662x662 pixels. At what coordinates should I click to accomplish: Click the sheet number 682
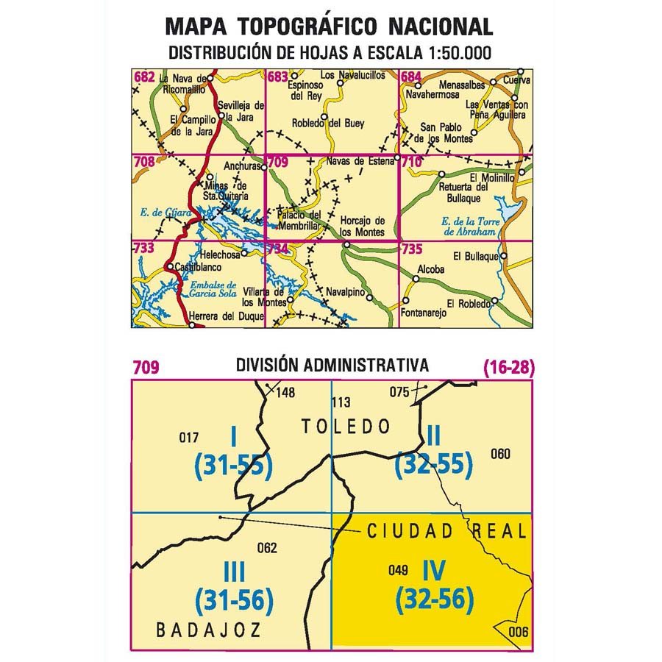tap(143, 76)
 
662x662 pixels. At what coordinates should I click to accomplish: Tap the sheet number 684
tap(410, 76)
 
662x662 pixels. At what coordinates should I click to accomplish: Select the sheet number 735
tap(411, 249)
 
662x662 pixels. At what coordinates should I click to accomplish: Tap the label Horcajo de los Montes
tap(363, 227)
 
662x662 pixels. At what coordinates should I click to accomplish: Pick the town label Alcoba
tap(431, 269)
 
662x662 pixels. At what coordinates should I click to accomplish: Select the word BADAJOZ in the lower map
tap(209, 630)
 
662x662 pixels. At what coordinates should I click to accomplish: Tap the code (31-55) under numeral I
tap(234, 465)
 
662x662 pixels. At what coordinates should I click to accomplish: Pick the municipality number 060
tap(499, 454)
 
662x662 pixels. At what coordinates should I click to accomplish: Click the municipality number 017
tap(189, 439)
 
